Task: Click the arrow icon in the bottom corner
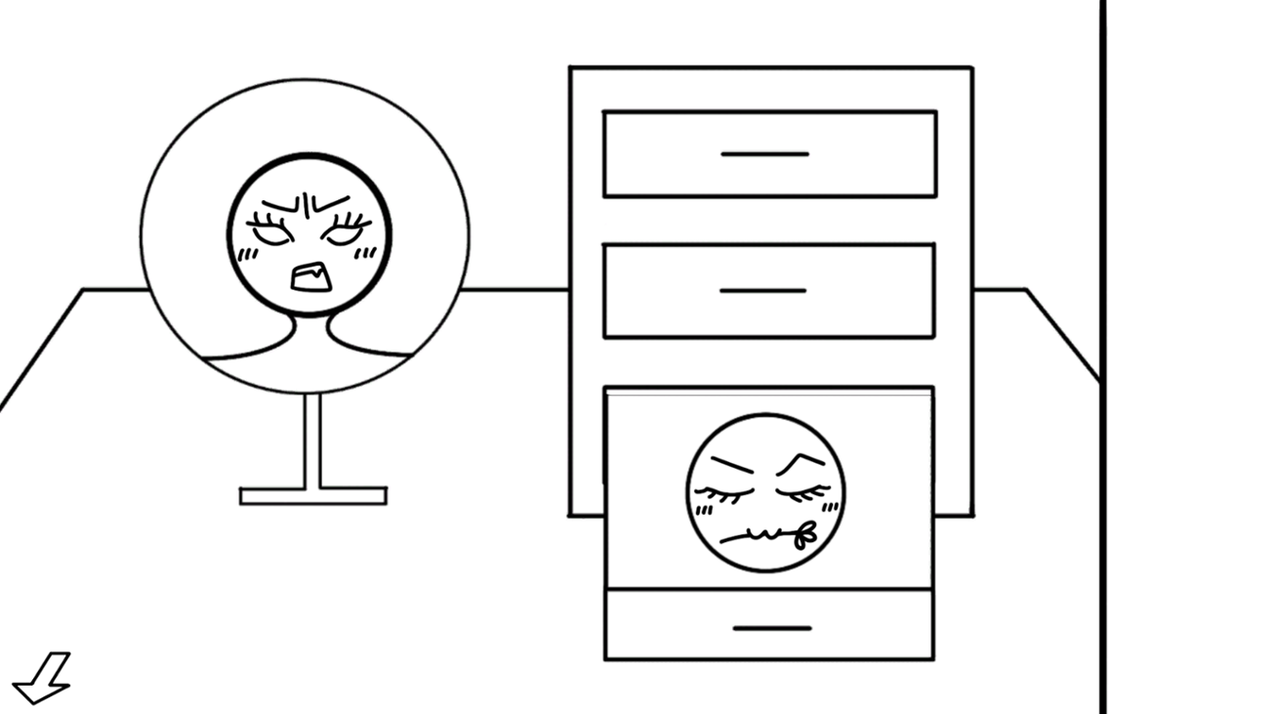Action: click(x=40, y=678)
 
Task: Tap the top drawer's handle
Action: click(x=764, y=154)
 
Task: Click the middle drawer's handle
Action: click(x=762, y=291)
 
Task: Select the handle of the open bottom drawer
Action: click(x=771, y=628)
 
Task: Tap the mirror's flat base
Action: click(x=312, y=496)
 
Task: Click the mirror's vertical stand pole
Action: click(x=312, y=440)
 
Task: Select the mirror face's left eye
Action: click(x=270, y=234)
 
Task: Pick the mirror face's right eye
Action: click(x=344, y=234)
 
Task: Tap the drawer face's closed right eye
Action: click(x=803, y=491)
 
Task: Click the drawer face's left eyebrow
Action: click(x=731, y=464)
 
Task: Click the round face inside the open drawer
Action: click(x=765, y=492)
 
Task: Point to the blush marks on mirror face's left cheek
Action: click(x=248, y=255)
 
